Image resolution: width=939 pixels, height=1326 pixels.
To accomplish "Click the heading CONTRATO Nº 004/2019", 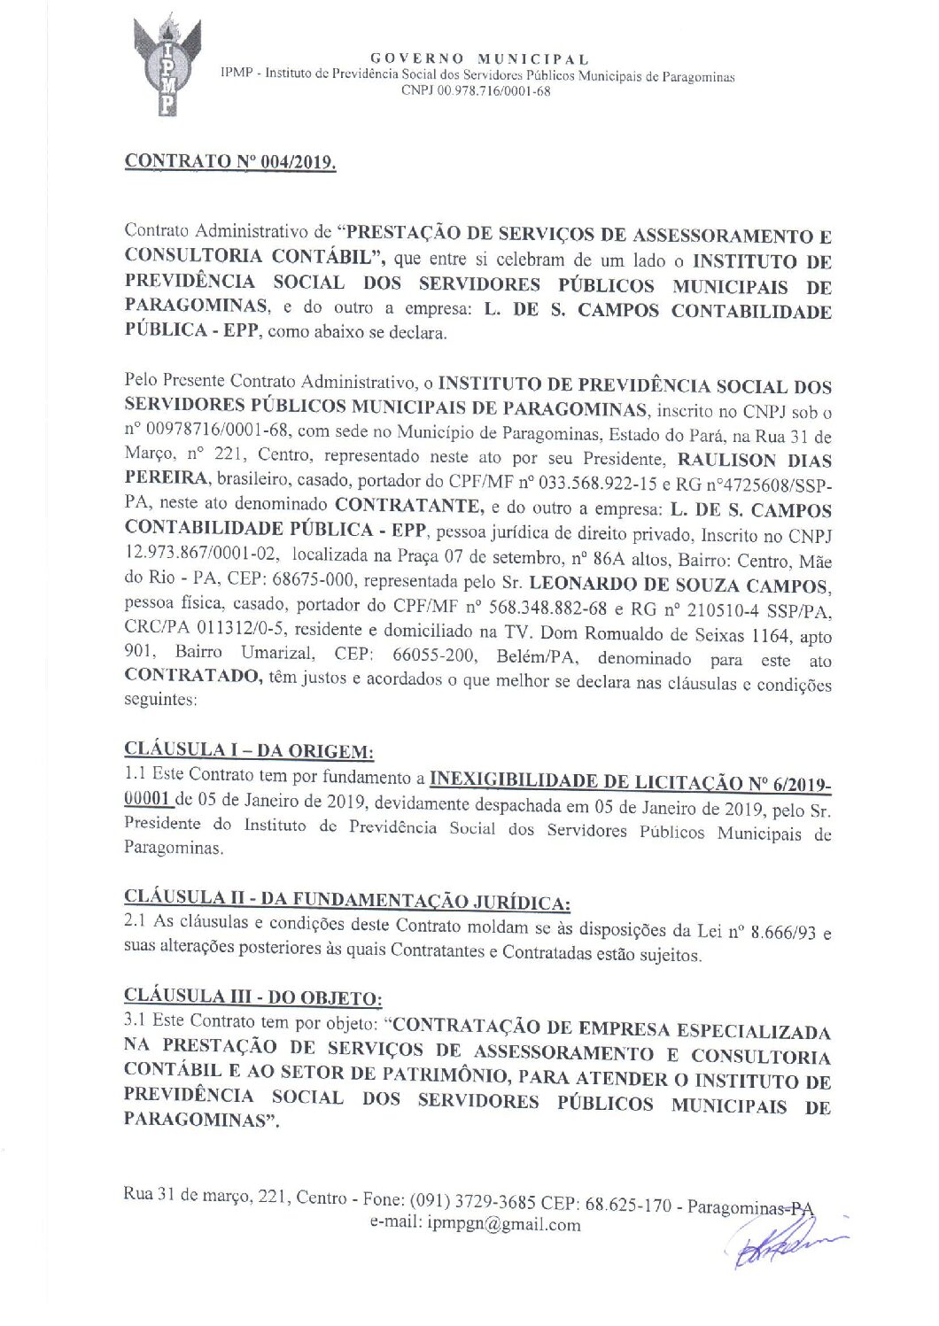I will (x=230, y=162).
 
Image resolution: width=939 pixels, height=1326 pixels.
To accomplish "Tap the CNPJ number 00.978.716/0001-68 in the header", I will (x=476, y=90).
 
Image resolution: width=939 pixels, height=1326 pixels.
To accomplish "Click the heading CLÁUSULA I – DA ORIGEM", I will (x=249, y=751).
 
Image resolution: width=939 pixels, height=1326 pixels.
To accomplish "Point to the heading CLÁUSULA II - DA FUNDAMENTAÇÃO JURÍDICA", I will (x=347, y=899).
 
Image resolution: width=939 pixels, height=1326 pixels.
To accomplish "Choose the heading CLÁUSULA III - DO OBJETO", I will (x=253, y=996).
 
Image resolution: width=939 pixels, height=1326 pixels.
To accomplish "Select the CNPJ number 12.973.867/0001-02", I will (x=203, y=554).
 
